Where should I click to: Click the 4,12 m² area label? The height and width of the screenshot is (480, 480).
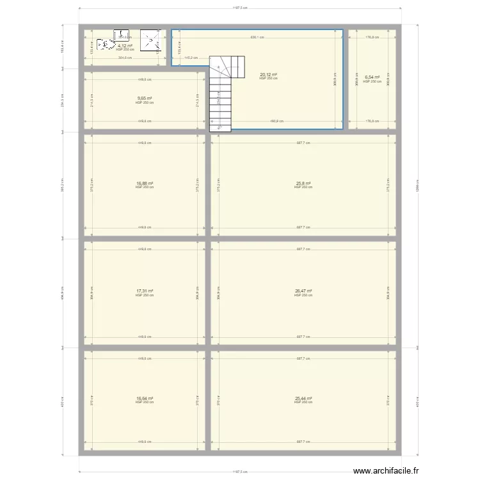[125, 45]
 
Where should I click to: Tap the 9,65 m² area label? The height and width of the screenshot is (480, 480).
[144, 99]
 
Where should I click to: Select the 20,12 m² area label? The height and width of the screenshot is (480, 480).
[268, 74]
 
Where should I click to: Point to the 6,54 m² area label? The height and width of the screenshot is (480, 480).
[372, 77]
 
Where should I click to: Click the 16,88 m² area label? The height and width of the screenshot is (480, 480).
[144, 184]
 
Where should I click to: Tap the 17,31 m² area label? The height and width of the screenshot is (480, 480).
[144, 291]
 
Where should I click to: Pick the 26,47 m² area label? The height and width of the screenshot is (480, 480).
[303, 291]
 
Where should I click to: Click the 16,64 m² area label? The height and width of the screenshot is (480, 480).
[144, 398]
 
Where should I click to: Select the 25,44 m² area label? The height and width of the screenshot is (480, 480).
[303, 398]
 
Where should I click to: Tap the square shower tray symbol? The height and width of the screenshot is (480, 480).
[150, 40]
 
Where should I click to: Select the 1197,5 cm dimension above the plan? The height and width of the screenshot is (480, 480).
[239, 8]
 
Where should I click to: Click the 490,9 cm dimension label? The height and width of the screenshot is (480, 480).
[276, 121]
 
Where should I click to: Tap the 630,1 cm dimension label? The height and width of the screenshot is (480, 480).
[256, 37]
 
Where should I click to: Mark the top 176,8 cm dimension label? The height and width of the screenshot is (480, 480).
[372, 37]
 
